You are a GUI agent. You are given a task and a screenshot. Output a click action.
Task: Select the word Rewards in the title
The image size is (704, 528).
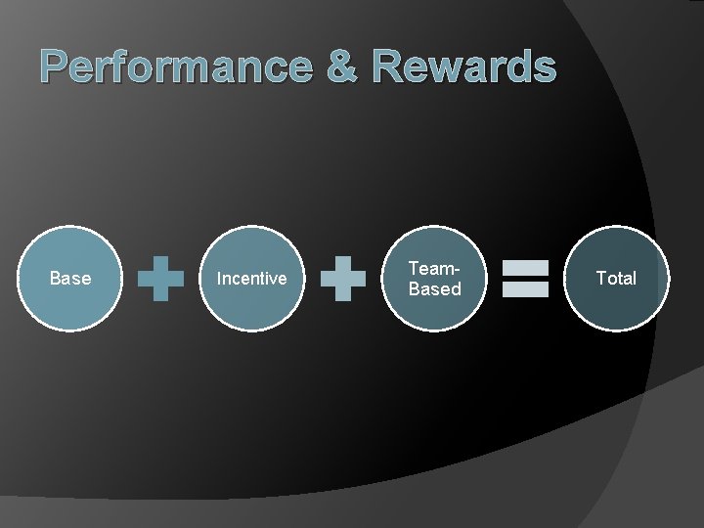point(464,67)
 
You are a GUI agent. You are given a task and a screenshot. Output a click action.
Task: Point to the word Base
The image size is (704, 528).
point(69,278)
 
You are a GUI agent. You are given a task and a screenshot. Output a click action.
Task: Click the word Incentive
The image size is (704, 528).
point(251,279)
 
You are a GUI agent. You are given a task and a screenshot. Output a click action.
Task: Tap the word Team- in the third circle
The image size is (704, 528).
point(434,268)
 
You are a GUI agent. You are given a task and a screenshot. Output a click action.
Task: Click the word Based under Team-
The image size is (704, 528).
point(434,288)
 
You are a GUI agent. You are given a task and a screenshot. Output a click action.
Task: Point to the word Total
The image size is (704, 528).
point(615,278)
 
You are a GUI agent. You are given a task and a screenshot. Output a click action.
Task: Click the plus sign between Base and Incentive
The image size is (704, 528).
point(160,279)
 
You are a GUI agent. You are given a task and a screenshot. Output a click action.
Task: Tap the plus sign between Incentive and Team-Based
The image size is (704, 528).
point(343,279)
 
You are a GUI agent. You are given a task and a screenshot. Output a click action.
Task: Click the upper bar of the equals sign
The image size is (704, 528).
point(525,267)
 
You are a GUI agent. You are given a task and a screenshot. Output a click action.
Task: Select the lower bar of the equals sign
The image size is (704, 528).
point(525,289)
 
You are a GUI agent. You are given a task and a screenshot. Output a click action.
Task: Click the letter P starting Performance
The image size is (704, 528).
point(57,67)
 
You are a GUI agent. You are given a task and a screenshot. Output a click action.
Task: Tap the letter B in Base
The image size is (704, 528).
point(55,278)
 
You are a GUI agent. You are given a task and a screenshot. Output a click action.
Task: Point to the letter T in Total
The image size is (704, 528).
point(600,278)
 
